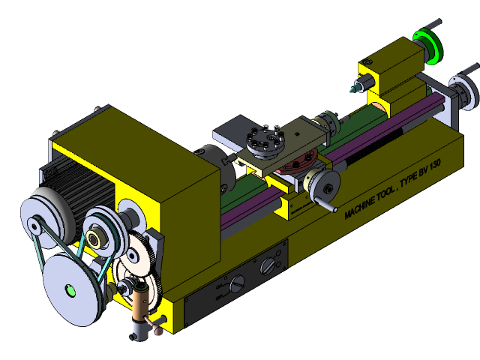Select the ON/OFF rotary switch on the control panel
pos(235,283)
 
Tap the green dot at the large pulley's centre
pos(71,289)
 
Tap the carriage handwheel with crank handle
pos(324,185)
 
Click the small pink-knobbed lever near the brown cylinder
pos(158,325)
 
